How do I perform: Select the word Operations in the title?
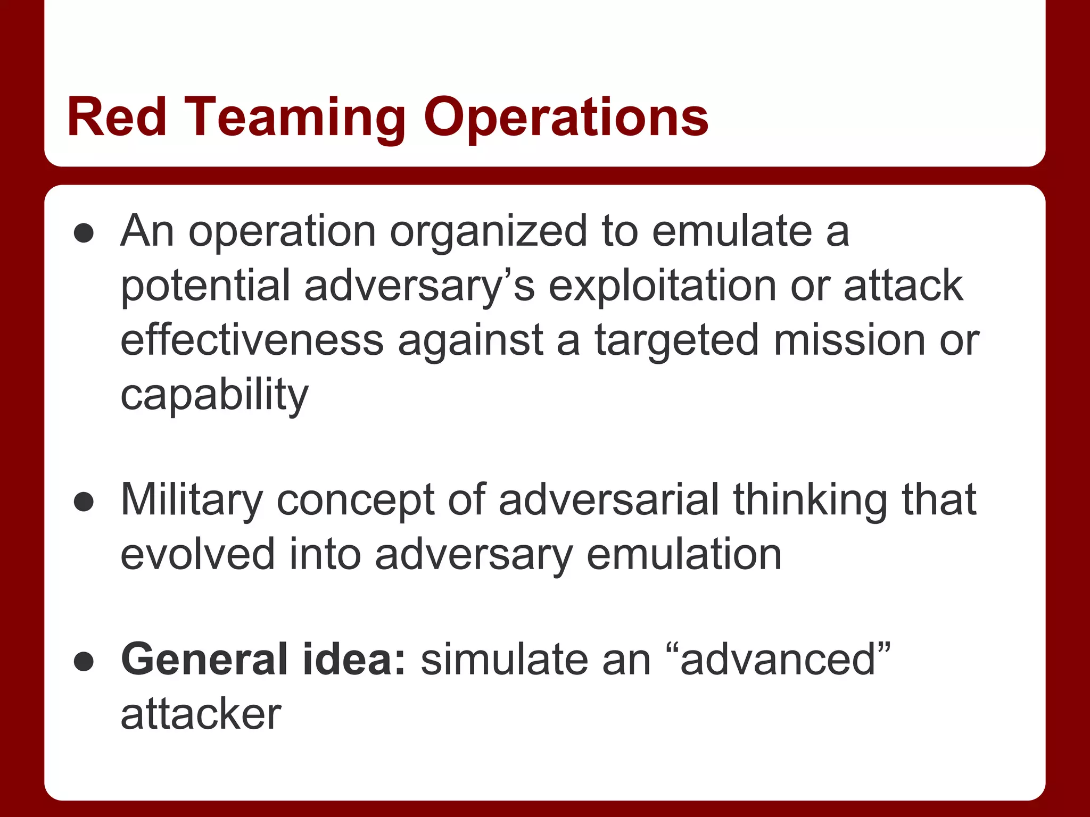(x=566, y=118)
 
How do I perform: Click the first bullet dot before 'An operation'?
(x=84, y=233)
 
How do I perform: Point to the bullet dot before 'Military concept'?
(x=84, y=502)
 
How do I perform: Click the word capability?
(x=214, y=395)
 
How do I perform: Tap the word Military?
(x=192, y=501)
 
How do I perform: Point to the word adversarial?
(x=608, y=499)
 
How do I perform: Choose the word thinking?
(x=810, y=501)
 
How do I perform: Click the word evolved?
(x=197, y=554)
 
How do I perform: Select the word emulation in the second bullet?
(x=684, y=554)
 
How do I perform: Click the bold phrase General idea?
(x=263, y=660)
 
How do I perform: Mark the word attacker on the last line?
(x=201, y=714)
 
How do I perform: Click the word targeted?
(x=676, y=341)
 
